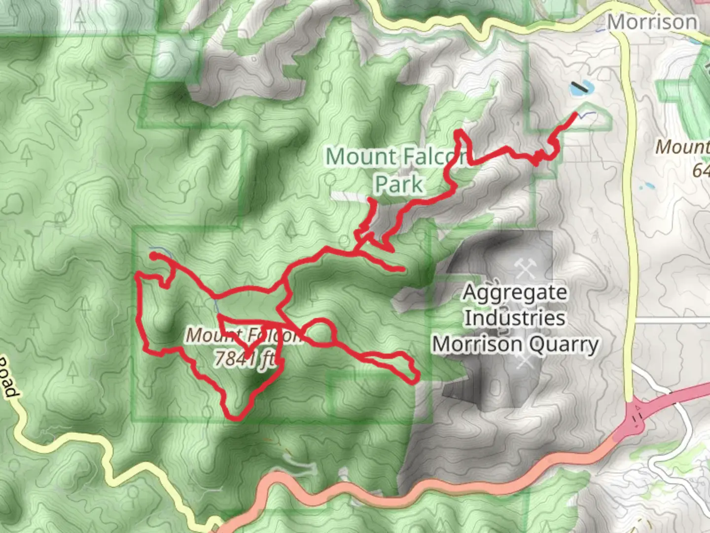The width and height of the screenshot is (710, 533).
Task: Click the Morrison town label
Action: (x=652, y=22)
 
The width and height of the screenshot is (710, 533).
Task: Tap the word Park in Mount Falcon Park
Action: (x=398, y=185)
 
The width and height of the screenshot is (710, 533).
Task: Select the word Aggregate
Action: (x=515, y=292)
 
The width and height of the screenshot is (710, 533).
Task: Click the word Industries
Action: (x=515, y=318)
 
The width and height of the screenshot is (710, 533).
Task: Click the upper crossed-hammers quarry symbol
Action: (x=524, y=269)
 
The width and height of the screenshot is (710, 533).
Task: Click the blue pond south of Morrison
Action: (x=582, y=88)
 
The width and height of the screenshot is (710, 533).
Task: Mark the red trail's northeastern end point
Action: (x=575, y=114)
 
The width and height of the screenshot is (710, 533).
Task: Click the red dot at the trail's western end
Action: (x=154, y=256)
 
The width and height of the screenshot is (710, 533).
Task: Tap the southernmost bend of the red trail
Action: (x=236, y=418)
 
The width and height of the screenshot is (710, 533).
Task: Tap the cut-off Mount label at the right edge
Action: (x=683, y=147)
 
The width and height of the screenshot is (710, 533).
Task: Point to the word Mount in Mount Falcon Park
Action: (x=361, y=157)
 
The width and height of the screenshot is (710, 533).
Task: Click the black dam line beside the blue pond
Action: (x=580, y=87)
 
